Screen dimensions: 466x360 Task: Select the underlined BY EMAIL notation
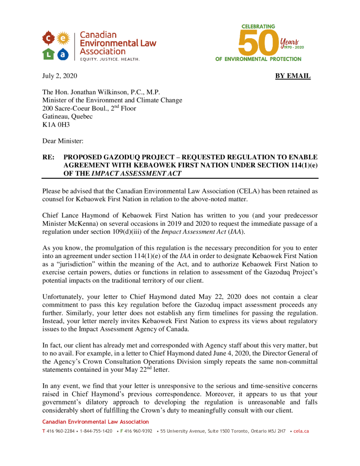[x=293, y=76]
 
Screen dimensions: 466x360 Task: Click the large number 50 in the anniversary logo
[x=259, y=43]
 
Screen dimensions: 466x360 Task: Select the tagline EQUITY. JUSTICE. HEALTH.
[x=109, y=59]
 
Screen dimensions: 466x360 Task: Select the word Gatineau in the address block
[x=56, y=116]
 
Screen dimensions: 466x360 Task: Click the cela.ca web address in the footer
[x=301, y=431]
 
